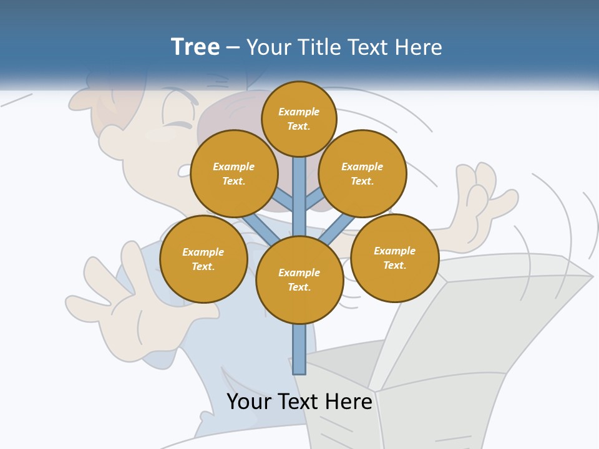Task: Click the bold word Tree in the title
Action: (195, 47)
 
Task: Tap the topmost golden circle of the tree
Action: (299, 118)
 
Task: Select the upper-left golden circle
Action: (234, 173)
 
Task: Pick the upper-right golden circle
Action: (363, 173)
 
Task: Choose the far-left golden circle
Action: (203, 259)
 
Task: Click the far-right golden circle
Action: (395, 258)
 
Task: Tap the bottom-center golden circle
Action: (299, 280)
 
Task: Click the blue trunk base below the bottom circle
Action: (299, 349)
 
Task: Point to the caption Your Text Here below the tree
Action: (299, 402)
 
